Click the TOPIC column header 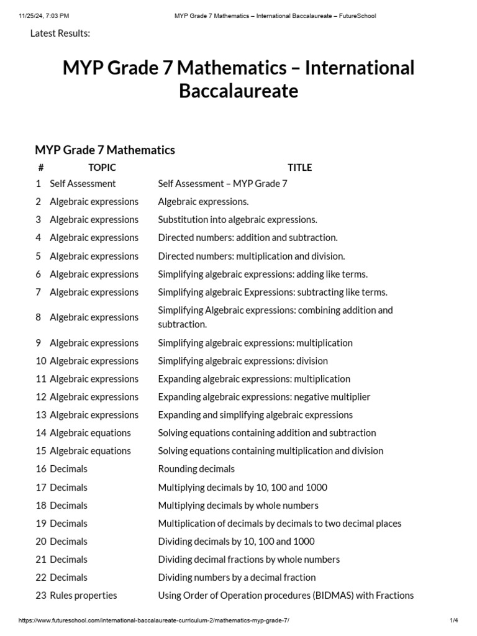click(102, 167)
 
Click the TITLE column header click(299, 167)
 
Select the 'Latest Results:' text click(60, 33)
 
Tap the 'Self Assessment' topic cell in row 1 click(83, 183)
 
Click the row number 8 click(39, 317)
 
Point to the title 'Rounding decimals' click(196, 469)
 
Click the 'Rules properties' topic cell click(83, 595)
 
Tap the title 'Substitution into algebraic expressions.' click(237, 219)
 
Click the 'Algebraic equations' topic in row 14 click(90, 433)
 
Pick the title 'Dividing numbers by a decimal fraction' click(237, 577)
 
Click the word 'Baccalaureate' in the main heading click(238, 91)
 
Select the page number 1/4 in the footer click(454, 620)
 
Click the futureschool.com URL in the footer click(154, 620)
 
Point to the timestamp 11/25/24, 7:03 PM click(44, 16)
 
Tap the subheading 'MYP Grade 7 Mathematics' click(105, 150)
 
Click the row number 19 click(41, 523)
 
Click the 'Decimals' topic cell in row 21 click(68, 559)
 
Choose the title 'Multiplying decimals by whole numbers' click(238, 505)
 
